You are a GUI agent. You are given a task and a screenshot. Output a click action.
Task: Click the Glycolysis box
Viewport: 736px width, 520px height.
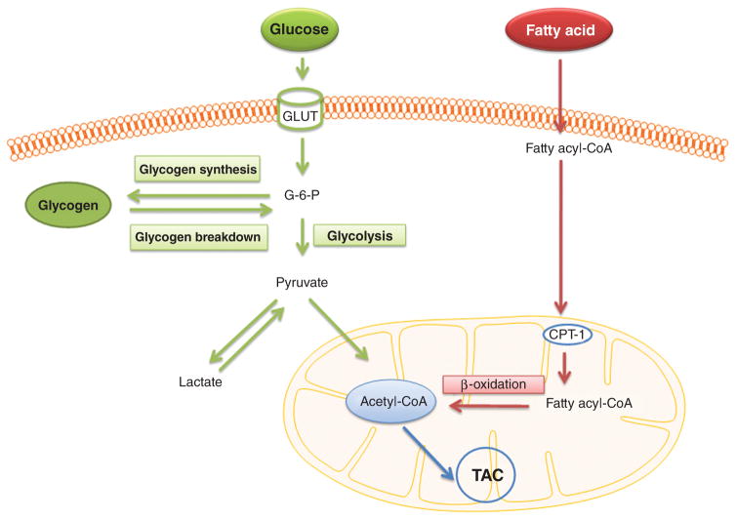click(359, 234)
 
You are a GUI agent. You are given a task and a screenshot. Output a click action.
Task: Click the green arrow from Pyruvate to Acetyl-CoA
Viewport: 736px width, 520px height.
click(338, 332)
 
